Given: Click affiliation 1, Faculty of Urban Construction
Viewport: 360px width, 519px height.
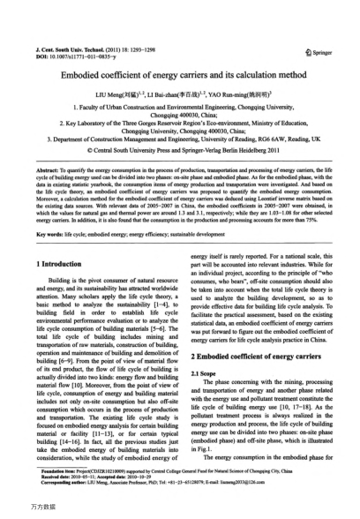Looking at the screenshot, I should pos(180,105).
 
